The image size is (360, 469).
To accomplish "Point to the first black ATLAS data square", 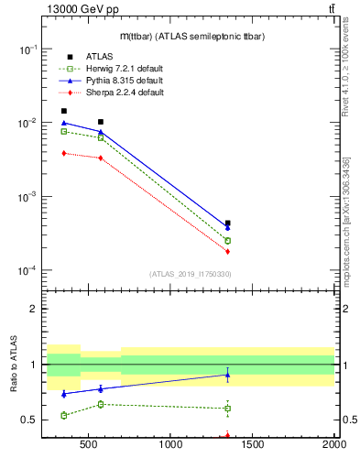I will tap(64, 111).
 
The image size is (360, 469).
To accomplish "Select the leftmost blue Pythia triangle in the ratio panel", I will tap(64, 394).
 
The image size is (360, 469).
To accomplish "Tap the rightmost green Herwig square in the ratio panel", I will tap(227, 409).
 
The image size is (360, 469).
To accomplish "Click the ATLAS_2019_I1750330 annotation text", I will tap(190, 274).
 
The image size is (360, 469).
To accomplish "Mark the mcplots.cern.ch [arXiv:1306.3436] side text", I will tap(345, 220).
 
